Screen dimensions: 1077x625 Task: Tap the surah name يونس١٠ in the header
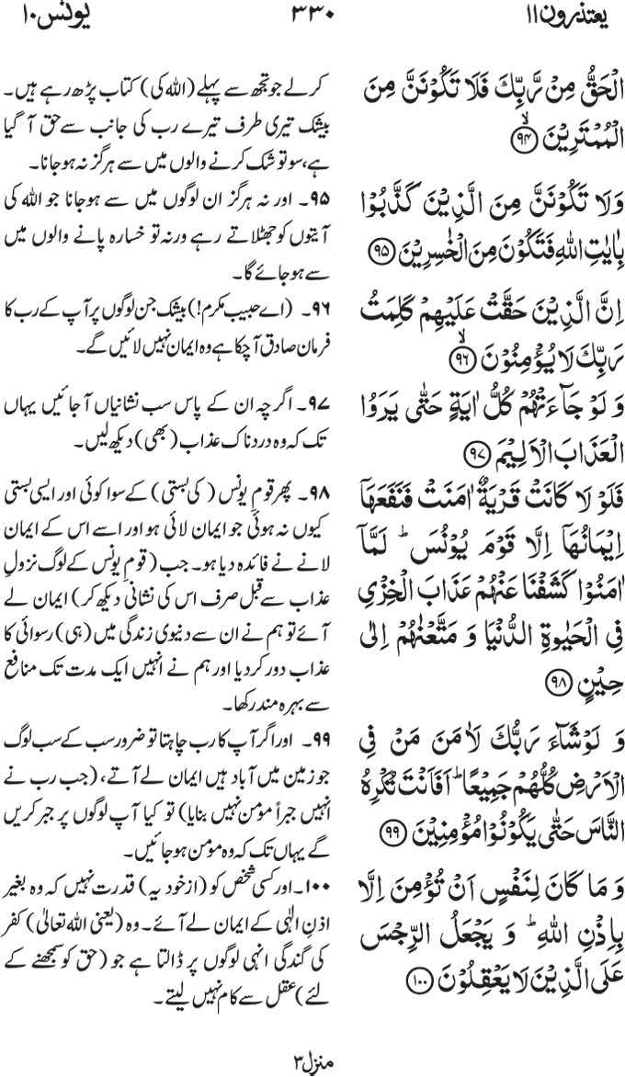point(43,19)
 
